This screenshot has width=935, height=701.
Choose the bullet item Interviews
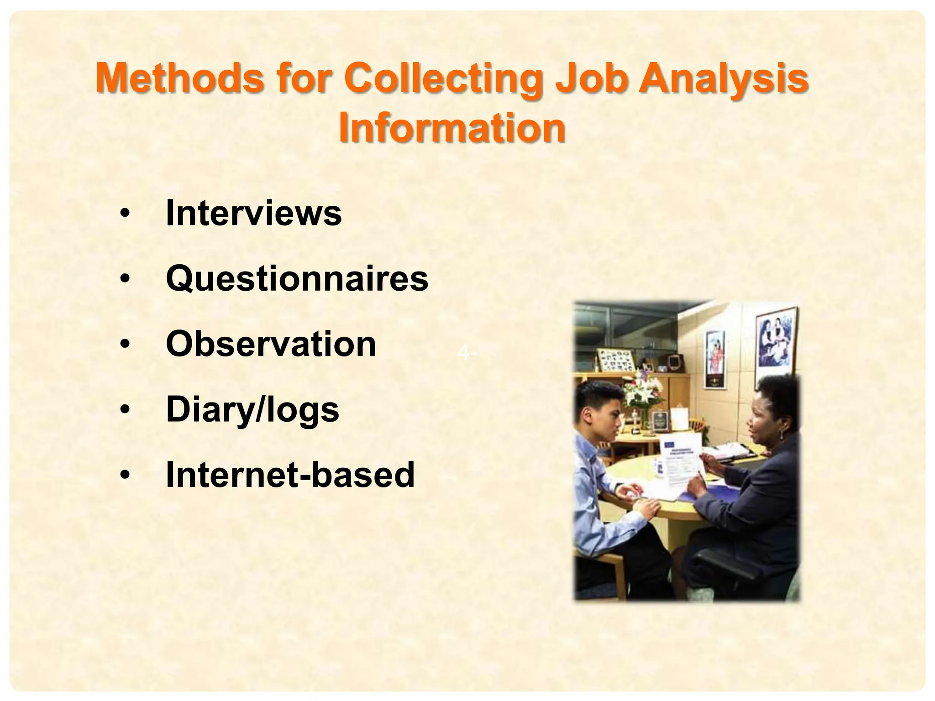253,213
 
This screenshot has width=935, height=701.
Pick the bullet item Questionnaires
297,278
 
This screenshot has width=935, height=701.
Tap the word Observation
271,344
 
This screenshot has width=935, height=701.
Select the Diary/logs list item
252,409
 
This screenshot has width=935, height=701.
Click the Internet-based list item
290,475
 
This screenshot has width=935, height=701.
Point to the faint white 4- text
467,353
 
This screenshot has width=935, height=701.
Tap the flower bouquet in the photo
644,390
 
